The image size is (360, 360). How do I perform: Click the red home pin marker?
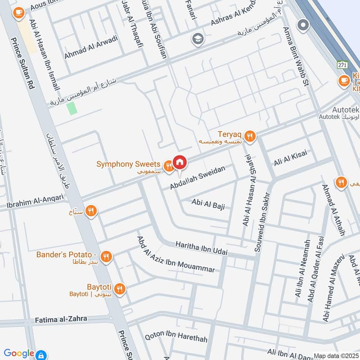[180, 162]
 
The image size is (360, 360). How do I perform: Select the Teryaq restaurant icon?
[250, 135]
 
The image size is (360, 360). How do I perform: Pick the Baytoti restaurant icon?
[119, 288]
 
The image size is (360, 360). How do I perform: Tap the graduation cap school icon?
[197, 39]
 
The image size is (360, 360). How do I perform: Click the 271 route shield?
[343, 65]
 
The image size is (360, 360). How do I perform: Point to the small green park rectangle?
[71, 108]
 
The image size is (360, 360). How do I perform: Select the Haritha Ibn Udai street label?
[201, 248]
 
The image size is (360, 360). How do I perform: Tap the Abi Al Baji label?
[207, 204]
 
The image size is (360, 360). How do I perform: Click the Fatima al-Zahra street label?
[61, 320]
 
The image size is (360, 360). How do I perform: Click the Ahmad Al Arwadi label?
[91, 47]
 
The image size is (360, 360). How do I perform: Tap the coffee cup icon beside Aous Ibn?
[18, 13]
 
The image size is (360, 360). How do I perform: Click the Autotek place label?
[345, 109]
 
